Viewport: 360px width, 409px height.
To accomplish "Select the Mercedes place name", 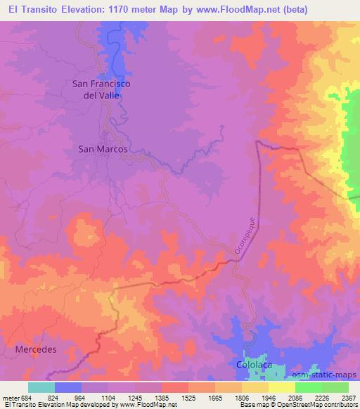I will click(x=35, y=349).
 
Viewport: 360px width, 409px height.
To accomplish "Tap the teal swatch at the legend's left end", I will click(x=41, y=387).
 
